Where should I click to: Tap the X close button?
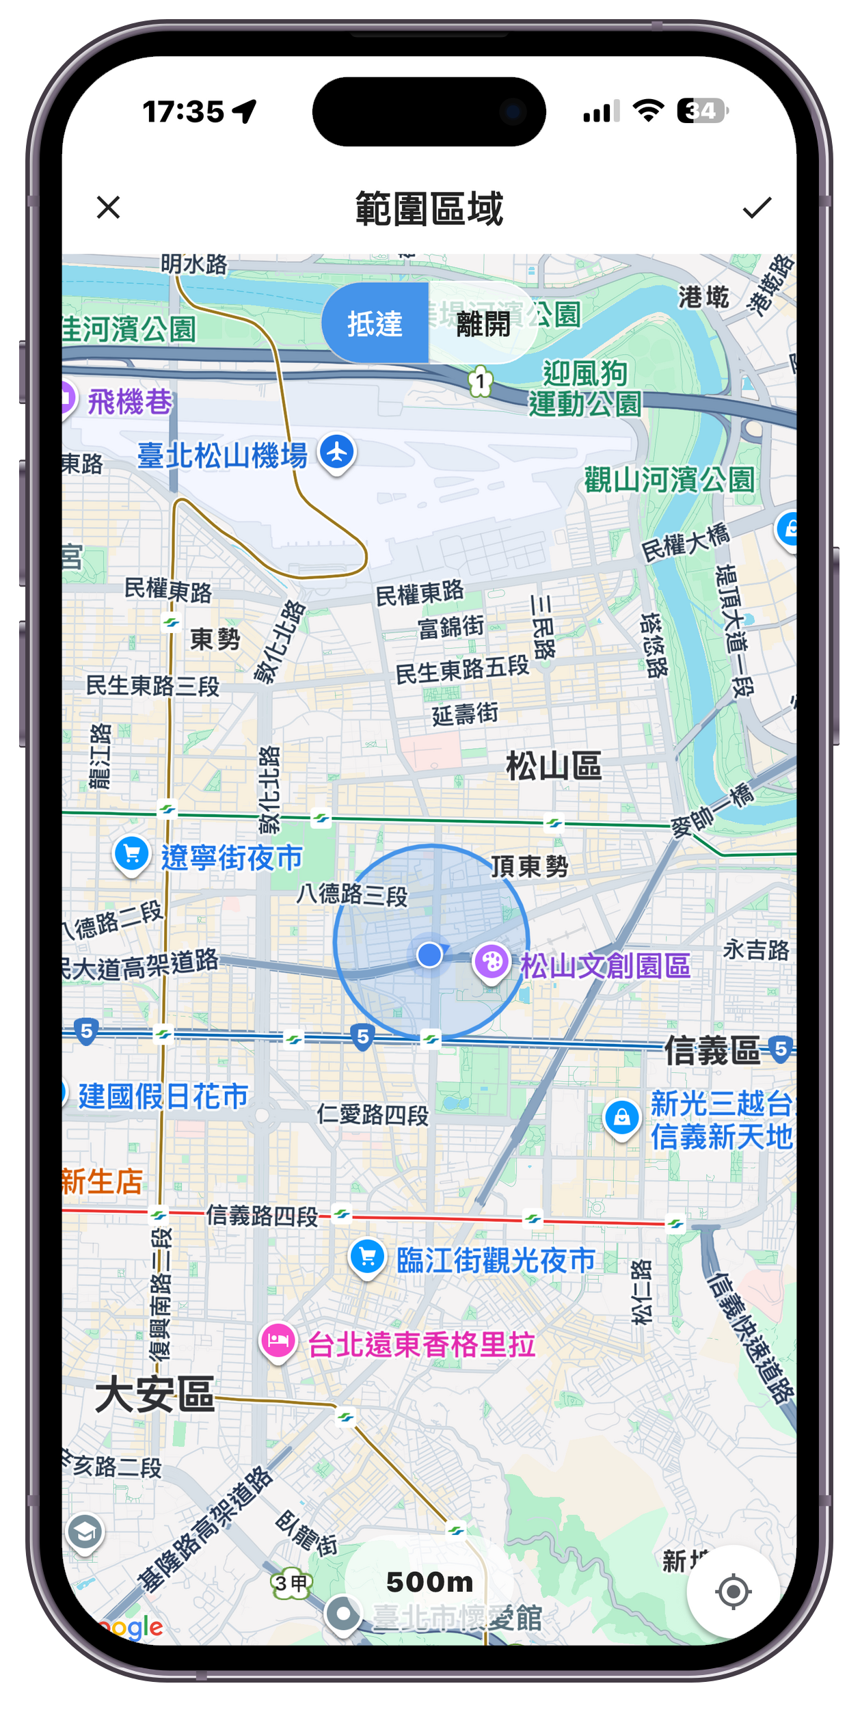pyautogui.click(x=108, y=207)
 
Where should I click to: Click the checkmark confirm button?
pyautogui.click(x=756, y=207)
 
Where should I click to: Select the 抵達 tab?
pyautogui.click(x=375, y=323)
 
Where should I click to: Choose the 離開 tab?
pyautogui.click(x=483, y=323)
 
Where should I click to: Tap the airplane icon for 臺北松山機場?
pyautogui.click(x=337, y=452)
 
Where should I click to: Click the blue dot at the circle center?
pyautogui.click(x=429, y=954)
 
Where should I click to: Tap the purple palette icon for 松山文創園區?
pyautogui.click(x=492, y=963)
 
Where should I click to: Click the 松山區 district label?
pyautogui.click(x=554, y=766)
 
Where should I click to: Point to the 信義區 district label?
pyautogui.click(x=712, y=1050)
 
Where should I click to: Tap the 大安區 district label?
pyautogui.click(x=154, y=1395)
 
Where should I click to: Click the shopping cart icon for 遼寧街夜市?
pyautogui.click(x=132, y=854)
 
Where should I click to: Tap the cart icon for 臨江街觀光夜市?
pyautogui.click(x=367, y=1257)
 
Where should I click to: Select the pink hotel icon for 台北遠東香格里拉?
pyautogui.click(x=278, y=1341)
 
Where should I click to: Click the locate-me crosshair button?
pyautogui.click(x=733, y=1591)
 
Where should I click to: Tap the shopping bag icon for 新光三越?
pyautogui.click(x=621, y=1117)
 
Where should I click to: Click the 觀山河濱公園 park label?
pyautogui.click(x=669, y=480)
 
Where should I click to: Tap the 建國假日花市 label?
pyautogui.click(x=163, y=1097)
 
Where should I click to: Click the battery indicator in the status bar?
pyautogui.click(x=702, y=111)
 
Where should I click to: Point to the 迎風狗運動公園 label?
pyautogui.click(x=585, y=388)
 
